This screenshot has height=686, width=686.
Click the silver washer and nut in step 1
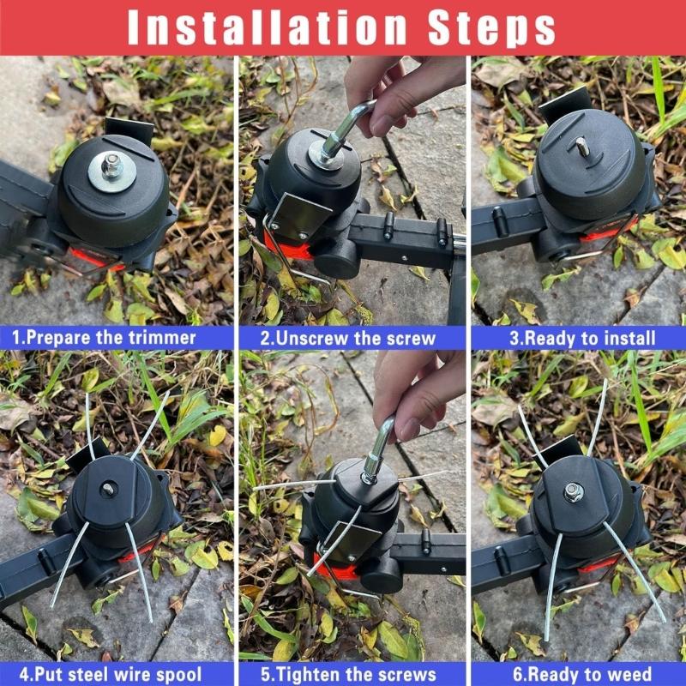111,165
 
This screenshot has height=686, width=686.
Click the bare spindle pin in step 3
583,148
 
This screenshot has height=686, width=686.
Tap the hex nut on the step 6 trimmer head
574,492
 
